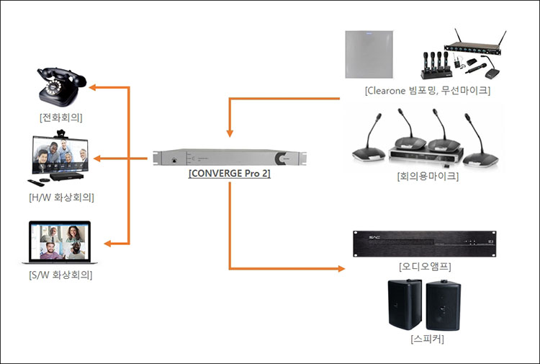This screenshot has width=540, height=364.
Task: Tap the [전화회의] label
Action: point(60,116)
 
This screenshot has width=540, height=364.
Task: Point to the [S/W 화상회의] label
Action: point(61,275)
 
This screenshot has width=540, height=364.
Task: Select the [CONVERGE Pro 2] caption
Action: point(229,173)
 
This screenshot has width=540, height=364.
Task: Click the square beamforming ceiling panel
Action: point(371,55)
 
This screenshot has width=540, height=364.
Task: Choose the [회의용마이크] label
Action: point(427,175)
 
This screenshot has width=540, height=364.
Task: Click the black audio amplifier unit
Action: point(424,244)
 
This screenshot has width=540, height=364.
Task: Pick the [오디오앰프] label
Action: point(425,266)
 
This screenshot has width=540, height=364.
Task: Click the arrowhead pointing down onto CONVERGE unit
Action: point(230,133)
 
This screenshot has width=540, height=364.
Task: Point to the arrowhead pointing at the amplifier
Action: point(341,270)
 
